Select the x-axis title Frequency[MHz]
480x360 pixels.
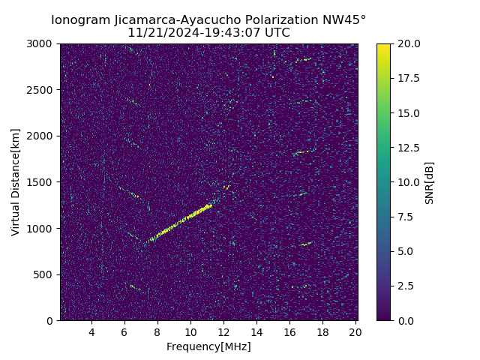point(208,346)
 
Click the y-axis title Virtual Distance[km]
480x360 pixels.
point(16,182)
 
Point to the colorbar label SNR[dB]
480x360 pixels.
point(430,182)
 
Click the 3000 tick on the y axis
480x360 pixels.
point(43,43)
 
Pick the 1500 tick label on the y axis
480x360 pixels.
point(43,182)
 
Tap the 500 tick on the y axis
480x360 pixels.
point(46,274)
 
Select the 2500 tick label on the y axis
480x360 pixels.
point(43,90)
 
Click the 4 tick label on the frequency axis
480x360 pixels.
point(91,332)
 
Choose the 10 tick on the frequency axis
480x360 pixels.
point(190,332)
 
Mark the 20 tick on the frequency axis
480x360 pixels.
point(355,332)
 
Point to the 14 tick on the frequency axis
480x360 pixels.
point(256,332)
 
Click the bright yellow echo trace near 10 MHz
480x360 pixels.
point(191,214)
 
